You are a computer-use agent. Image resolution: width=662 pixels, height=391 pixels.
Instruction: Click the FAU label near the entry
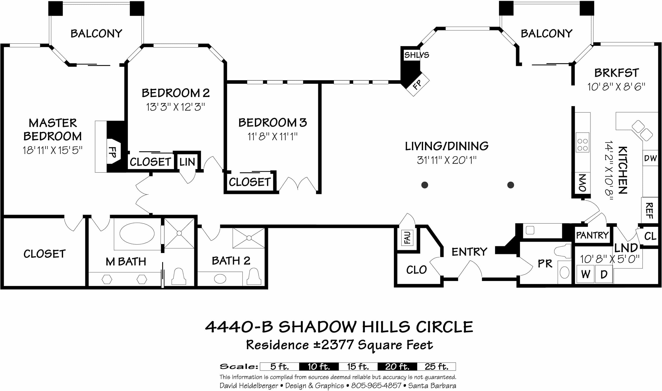(x=407, y=237)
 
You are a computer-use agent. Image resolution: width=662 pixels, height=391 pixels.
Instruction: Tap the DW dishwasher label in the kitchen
(x=650, y=158)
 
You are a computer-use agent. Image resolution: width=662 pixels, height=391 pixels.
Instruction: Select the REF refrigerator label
(x=649, y=210)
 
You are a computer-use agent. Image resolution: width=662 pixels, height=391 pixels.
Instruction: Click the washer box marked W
(x=585, y=274)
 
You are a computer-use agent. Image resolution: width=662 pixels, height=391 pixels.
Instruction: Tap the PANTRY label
(x=592, y=235)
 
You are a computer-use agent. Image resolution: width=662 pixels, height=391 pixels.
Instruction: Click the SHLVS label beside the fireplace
(x=417, y=55)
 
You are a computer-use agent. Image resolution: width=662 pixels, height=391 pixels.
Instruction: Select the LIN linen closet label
(x=187, y=162)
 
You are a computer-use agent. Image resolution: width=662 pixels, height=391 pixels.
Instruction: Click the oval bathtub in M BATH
(x=137, y=233)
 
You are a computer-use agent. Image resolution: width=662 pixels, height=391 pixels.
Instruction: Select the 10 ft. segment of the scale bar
(x=319, y=367)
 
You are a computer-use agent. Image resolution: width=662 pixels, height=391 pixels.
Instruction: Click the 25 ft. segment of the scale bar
(x=436, y=367)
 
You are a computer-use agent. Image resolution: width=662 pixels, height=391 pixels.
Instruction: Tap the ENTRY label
(x=469, y=252)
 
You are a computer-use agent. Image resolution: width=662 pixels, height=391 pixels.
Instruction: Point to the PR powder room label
(x=545, y=263)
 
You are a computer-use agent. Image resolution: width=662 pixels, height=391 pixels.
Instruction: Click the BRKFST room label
(x=617, y=73)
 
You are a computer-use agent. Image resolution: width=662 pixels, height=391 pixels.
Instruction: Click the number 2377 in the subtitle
(x=337, y=345)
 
